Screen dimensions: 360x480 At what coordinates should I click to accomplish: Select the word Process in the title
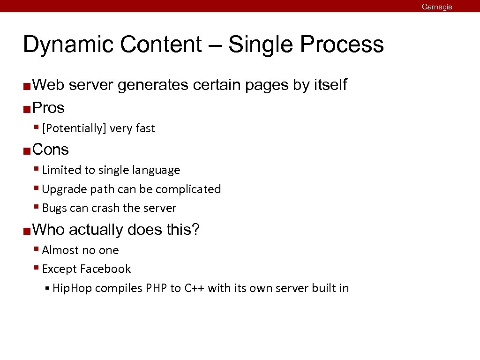pyautogui.click(x=342, y=45)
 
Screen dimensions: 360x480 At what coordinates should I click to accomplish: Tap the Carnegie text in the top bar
pyautogui.click(x=437, y=7)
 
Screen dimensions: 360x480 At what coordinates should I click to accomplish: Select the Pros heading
pyautogui.click(x=49, y=108)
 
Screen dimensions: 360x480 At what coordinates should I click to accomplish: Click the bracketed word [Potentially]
pyautogui.click(x=73, y=128)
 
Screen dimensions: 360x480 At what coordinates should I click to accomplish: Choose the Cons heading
pyautogui.click(x=51, y=150)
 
